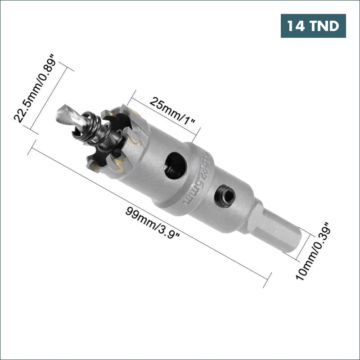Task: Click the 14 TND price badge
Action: pos(313,26)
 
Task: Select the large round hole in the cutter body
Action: pos(175,166)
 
